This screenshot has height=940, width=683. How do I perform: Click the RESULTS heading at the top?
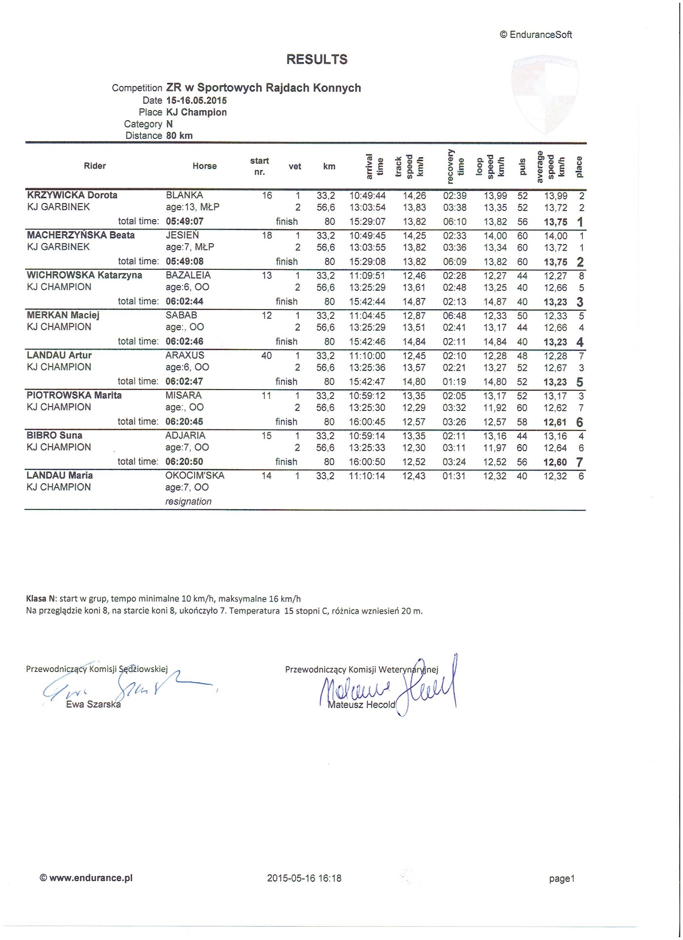pyautogui.click(x=317, y=60)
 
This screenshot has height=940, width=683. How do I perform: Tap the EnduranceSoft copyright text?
pyautogui.click(x=536, y=35)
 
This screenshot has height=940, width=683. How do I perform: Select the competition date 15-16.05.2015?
pyautogui.click(x=196, y=100)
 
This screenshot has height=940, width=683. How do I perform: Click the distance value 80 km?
pyautogui.click(x=179, y=135)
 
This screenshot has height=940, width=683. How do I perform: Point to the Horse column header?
pyautogui.click(x=204, y=166)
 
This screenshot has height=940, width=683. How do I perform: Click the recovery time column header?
pyautogui.click(x=455, y=166)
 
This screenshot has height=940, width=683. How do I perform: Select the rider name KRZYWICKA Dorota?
pyautogui.click(x=72, y=195)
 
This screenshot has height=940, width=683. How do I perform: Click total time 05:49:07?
pyautogui.click(x=185, y=221)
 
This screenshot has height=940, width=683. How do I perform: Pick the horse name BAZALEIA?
pyautogui.click(x=188, y=275)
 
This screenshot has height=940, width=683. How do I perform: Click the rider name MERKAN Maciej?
pyautogui.click(x=63, y=315)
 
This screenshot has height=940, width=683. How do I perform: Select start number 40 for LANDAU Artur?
pyautogui.click(x=266, y=355)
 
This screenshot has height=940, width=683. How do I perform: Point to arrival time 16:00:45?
pyautogui.click(x=367, y=421)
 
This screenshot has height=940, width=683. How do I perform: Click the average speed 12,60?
pyautogui.click(x=555, y=462)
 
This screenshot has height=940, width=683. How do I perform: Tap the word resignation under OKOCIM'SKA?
pyautogui.click(x=188, y=501)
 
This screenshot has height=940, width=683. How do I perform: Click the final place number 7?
pyautogui.click(x=579, y=462)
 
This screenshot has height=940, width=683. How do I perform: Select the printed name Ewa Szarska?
pyautogui.click(x=93, y=704)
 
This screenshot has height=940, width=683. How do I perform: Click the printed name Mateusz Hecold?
pyautogui.click(x=361, y=704)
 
